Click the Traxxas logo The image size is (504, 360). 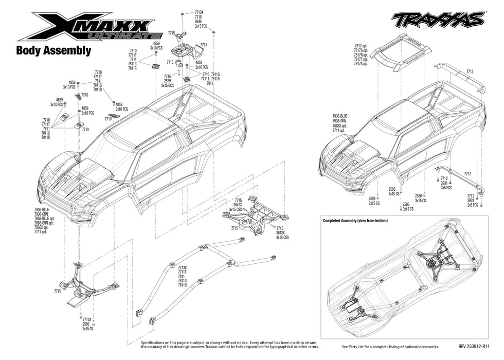[438, 19]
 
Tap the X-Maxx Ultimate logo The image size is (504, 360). [85, 27]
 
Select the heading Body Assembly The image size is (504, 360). [53, 51]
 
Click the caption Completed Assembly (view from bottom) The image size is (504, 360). [355, 221]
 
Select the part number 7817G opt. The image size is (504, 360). [361, 50]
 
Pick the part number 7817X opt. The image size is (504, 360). [361, 64]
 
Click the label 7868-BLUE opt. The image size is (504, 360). [44, 219]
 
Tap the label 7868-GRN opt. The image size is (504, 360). [44, 223]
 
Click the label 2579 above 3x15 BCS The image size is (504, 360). [168, 81]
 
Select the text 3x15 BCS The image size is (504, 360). [168, 85]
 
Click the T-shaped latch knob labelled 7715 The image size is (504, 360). [182, 35]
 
